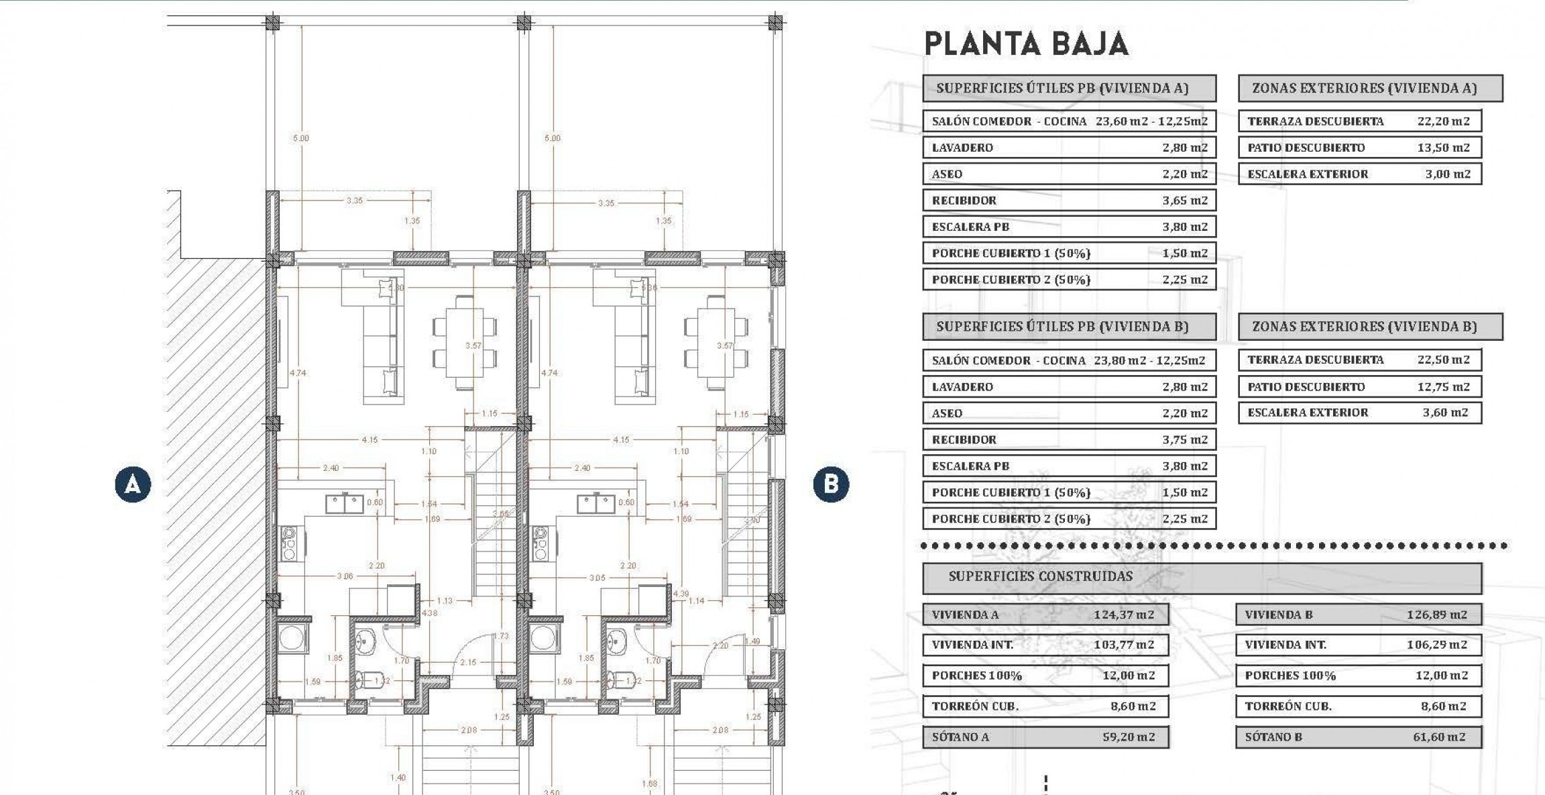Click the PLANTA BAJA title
(x=1026, y=44)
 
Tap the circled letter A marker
(x=133, y=484)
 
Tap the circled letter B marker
(x=831, y=484)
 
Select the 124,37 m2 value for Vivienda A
(x=1124, y=615)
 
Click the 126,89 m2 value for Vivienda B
(x=1437, y=615)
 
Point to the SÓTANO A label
(x=960, y=737)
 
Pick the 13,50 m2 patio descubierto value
(x=1443, y=148)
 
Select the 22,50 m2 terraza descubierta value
(x=1443, y=360)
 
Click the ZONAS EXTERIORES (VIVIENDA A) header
(x=1365, y=88)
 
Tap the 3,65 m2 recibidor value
(x=1185, y=200)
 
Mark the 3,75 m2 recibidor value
(x=1185, y=439)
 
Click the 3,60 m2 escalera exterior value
(x=1446, y=413)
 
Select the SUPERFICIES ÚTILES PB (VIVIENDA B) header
(x=1062, y=327)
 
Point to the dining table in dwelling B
(x=716, y=342)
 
